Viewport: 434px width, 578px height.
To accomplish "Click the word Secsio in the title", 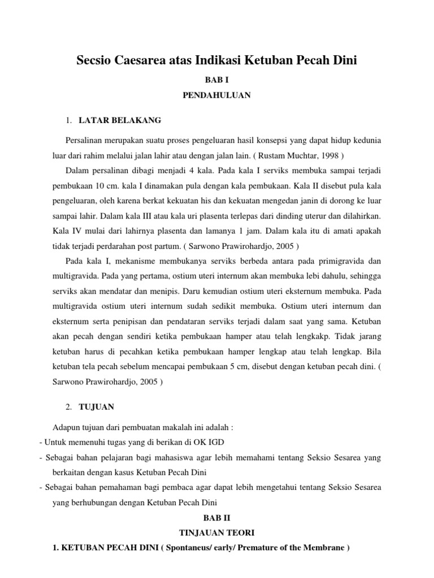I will (x=96, y=60).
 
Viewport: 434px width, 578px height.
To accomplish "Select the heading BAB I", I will (x=217, y=81).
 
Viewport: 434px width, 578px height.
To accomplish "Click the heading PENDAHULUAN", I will (x=217, y=95).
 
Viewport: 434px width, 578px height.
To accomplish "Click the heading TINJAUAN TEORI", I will (x=217, y=532).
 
